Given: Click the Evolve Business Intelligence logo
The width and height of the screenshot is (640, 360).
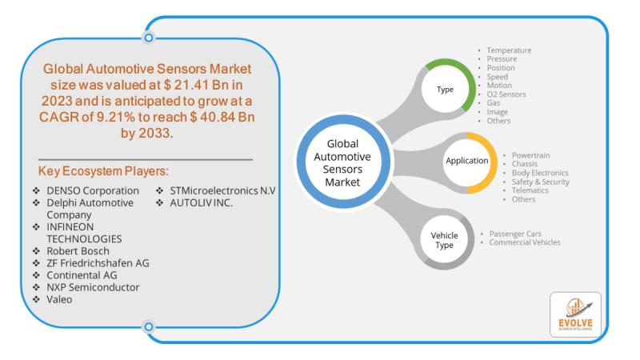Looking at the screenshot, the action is pos(575,314).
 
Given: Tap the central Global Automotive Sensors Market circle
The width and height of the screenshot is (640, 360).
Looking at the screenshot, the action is pos(343,162).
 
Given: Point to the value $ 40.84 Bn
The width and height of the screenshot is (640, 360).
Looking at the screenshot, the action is pos(222,117).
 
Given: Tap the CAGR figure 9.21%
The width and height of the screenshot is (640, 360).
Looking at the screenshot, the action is pos(115,117).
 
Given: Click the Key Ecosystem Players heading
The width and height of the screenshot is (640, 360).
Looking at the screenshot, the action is pos(103,171).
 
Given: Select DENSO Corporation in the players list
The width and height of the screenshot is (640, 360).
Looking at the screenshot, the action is pos(93,190).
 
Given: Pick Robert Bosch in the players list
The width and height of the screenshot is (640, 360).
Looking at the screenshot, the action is pos(78,251).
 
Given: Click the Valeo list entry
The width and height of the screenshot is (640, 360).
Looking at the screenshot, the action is pos(59,299).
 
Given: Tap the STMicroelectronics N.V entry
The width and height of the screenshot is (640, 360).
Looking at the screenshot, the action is pos(223,190).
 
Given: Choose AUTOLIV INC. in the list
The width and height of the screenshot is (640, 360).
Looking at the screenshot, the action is pos(202,203).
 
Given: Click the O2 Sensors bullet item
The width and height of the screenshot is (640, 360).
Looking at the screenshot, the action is pos(506,94).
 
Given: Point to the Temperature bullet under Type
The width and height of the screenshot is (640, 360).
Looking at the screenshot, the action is pos(509,50).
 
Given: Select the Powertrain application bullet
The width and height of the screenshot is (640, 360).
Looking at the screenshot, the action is pos(530,155).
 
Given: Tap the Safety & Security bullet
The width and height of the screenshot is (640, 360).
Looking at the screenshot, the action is pos(541,182).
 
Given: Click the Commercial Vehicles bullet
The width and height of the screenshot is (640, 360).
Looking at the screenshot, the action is pos(525,242).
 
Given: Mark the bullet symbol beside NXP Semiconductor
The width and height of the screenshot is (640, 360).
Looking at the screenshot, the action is pos(36,287).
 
